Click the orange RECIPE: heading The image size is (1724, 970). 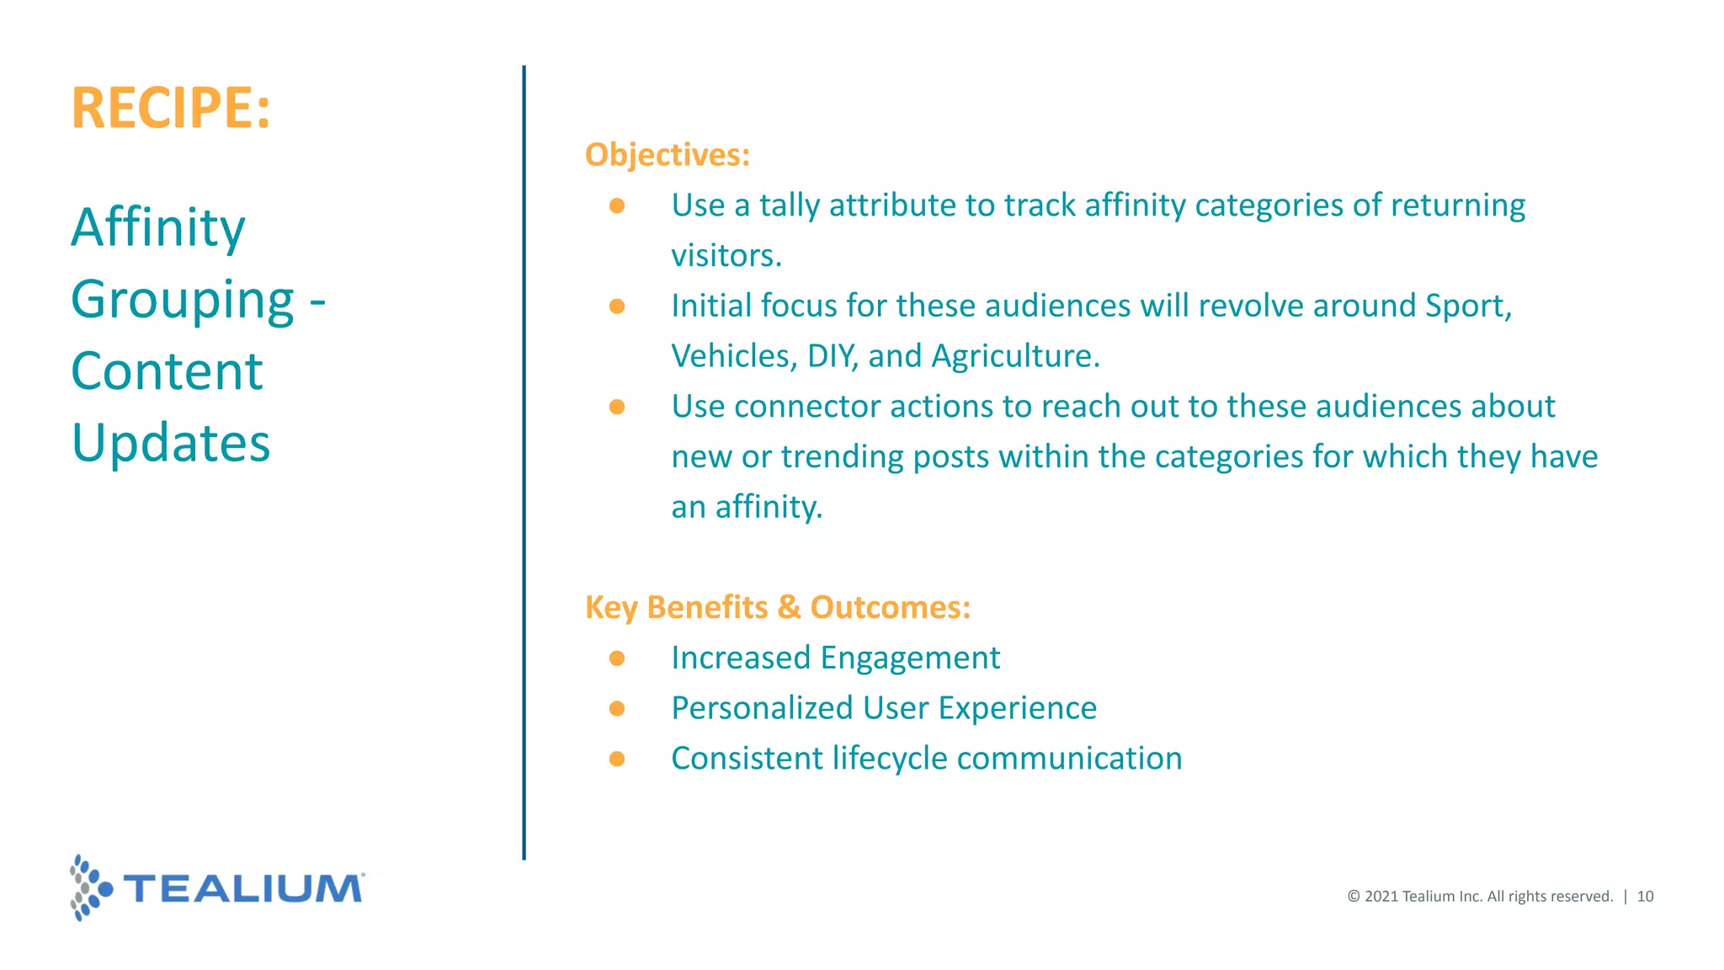171,108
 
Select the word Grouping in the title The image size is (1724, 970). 183,301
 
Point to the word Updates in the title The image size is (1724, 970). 171,443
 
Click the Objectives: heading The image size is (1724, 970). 667,155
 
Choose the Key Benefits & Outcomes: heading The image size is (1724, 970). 777,607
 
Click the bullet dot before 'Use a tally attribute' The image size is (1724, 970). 617,205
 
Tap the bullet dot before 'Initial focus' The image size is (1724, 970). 617,306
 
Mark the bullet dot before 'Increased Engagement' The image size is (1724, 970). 617,658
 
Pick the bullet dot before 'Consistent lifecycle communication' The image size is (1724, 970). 617,759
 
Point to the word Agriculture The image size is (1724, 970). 1015,356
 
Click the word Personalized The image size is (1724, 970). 762,708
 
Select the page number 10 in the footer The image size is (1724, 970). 1645,897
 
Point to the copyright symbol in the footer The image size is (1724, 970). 1354,897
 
